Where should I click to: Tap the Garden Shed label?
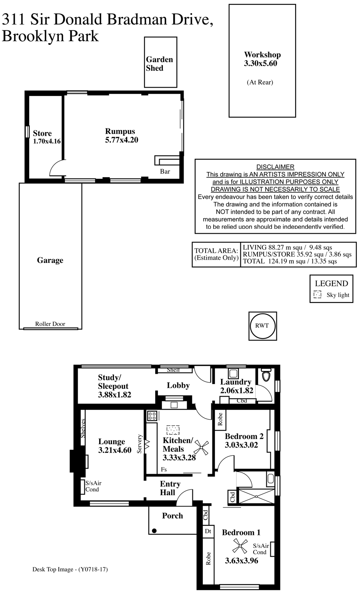pyautogui.click(x=159, y=64)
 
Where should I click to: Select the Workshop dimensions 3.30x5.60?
pyautogui.click(x=260, y=64)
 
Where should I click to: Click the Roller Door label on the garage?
pyautogui.click(x=50, y=324)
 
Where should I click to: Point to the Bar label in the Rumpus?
pyautogui.click(x=165, y=172)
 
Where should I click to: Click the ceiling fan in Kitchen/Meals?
pyautogui.click(x=201, y=448)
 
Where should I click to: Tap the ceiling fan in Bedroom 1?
pyautogui.click(x=240, y=546)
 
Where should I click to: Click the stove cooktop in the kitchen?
pyautogui.click(x=152, y=416)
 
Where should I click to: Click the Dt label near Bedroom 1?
pyautogui.click(x=208, y=531)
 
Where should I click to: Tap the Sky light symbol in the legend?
pyautogui.click(x=317, y=294)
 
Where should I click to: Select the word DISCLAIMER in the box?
pyautogui.click(x=275, y=167)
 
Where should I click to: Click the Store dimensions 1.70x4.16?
pyautogui.click(x=47, y=141)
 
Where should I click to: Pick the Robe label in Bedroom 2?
pyautogui.click(x=220, y=419)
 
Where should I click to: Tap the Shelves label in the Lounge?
pyautogui.click(x=83, y=428)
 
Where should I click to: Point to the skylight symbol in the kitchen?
pyautogui.click(x=173, y=430)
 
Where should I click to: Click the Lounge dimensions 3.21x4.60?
pyautogui.click(x=115, y=450)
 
